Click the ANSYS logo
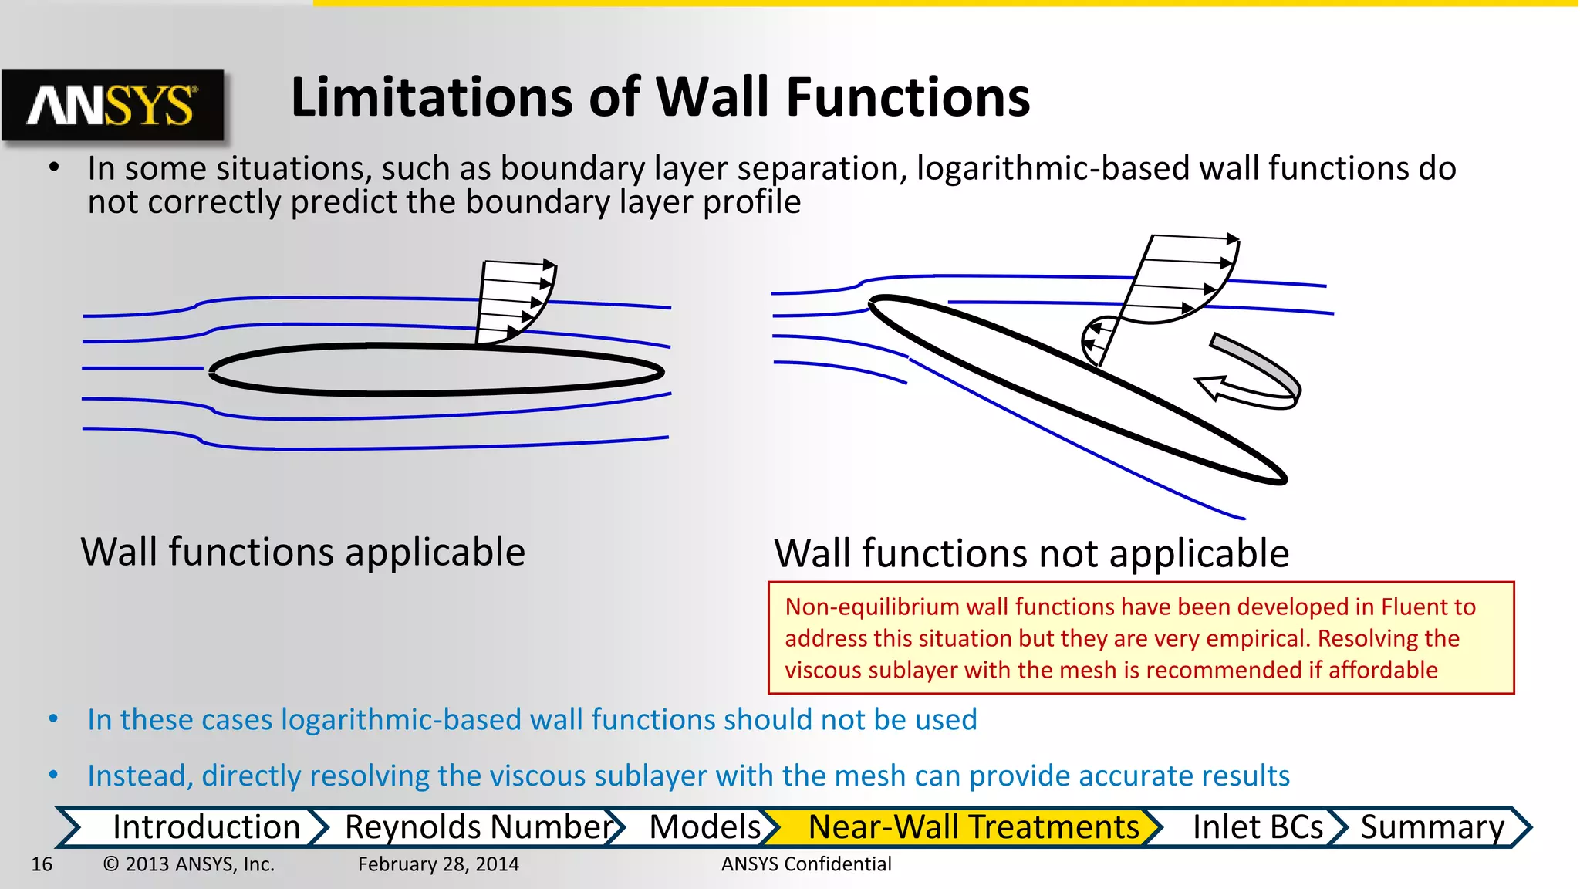point(113,105)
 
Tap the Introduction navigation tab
point(205,827)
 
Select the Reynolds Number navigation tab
point(478,827)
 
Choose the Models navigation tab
point(704,827)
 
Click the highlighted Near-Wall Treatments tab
point(973,827)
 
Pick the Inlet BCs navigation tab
point(1257,827)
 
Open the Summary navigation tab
point(1432,827)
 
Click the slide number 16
point(42,864)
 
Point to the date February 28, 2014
point(438,864)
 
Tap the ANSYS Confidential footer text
point(806,864)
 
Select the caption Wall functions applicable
point(303,553)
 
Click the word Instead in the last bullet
point(140,776)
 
